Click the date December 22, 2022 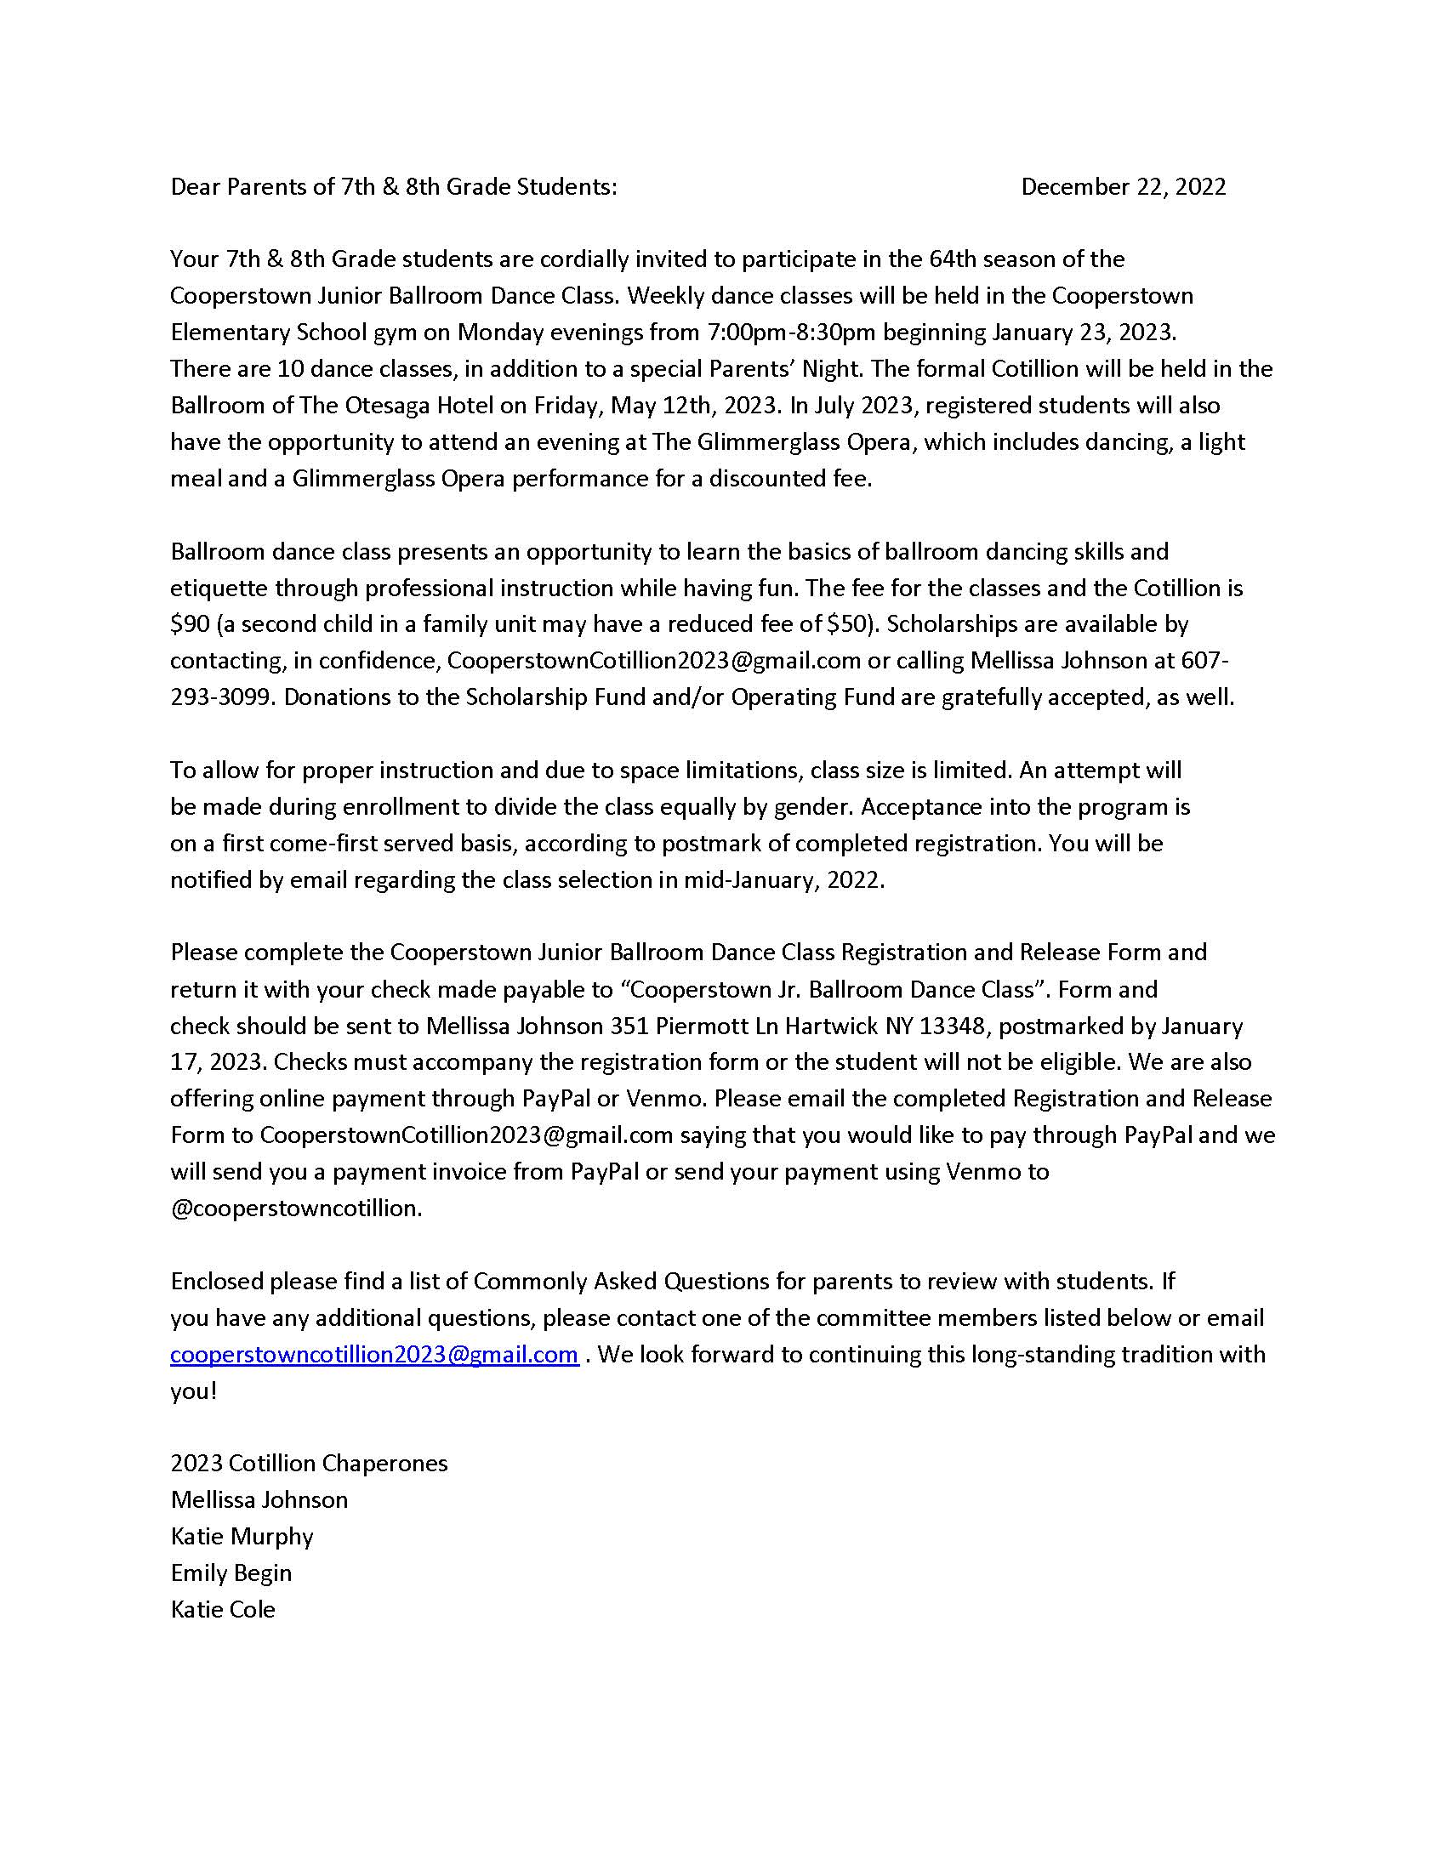pos(1122,187)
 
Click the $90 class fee pos(190,624)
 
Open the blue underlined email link pos(374,1355)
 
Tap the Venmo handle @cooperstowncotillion pos(295,1208)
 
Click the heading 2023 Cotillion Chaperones pos(309,1463)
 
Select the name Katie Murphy pos(242,1536)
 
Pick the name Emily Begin pos(231,1572)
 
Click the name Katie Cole pos(223,1609)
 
